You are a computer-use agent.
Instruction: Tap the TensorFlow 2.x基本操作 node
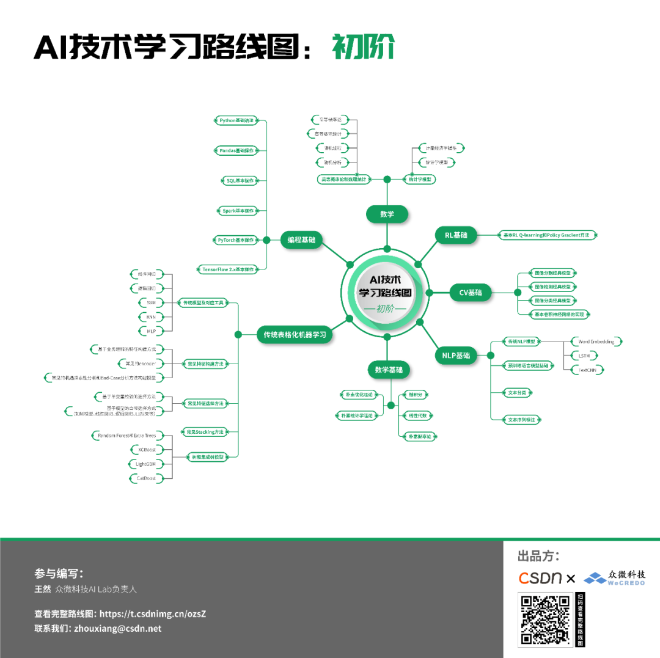227,269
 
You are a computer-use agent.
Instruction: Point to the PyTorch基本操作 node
236,240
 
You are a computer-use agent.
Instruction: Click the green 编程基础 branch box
301,240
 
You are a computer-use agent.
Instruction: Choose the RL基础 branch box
455,235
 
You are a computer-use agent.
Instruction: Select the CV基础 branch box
471,293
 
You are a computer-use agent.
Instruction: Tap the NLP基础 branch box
456,356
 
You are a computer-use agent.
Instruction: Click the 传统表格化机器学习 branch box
295,334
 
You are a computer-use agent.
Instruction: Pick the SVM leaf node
151,302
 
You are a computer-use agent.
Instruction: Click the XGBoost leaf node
148,450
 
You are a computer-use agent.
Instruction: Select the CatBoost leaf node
147,478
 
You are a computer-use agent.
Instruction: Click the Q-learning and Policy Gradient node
548,235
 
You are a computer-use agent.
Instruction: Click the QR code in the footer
545,620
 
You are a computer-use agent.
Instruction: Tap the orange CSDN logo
540,577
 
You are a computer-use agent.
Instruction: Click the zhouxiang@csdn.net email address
117,628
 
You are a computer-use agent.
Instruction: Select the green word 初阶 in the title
364,46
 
